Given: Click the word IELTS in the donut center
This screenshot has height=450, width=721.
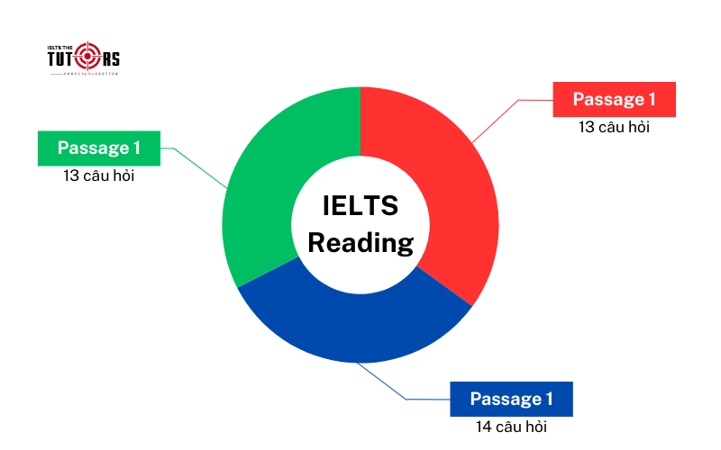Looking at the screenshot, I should click(x=360, y=206).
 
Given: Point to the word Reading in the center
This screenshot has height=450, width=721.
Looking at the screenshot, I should click(x=360, y=242).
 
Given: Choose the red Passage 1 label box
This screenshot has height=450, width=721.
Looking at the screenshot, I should click(x=614, y=99).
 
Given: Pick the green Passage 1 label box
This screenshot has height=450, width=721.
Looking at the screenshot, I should click(x=98, y=148).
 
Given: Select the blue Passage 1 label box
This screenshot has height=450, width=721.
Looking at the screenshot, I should click(x=510, y=400).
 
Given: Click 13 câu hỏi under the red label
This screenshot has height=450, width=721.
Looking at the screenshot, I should click(x=614, y=128).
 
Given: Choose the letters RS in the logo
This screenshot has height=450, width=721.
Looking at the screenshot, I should click(x=110, y=58).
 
